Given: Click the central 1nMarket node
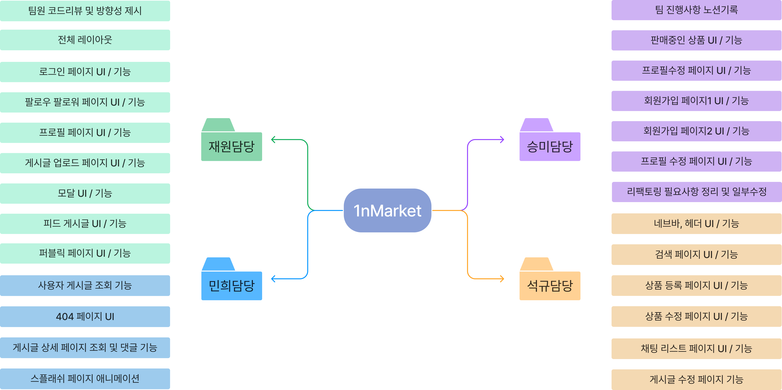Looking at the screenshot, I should click(387, 210).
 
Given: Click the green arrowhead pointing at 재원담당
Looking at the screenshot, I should click(273, 140).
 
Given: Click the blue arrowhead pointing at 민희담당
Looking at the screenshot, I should click(273, 278).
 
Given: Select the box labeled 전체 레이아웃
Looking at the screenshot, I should click(85, 40).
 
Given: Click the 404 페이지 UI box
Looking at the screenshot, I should click(85, 317).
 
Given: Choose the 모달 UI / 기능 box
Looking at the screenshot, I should click(85, 193).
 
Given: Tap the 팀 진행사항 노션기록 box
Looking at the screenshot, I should click(696, 10).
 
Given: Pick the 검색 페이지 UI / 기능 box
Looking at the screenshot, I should click(696, 254).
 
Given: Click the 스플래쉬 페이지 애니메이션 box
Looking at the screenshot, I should click(85, 378).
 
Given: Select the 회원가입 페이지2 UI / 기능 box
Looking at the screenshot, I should click(696, 131).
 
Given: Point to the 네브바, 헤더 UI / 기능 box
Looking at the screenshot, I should click(696, 224).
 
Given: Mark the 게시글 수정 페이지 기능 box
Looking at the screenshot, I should click(696, 379).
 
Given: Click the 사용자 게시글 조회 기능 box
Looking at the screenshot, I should click(85, 285).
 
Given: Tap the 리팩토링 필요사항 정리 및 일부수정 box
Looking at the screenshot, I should click(696, 192).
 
